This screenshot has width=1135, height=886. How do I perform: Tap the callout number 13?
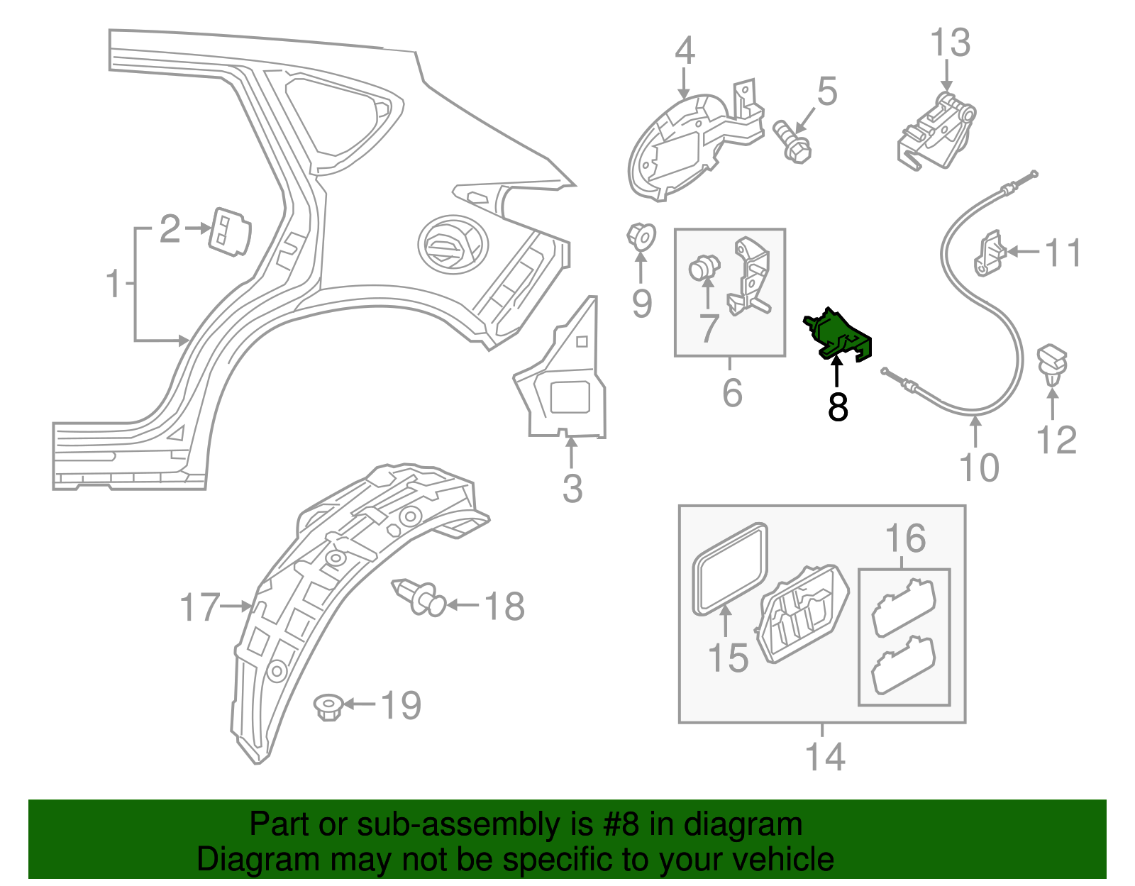tap(950, 43)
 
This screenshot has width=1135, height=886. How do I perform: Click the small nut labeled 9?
tap(641, 236)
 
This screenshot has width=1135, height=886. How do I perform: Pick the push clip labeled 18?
tap(419, 597)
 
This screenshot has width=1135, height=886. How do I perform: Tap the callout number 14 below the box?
tap(825, 757)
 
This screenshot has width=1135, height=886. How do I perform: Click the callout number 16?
tap(905, 539)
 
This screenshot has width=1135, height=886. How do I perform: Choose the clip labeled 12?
tap(1052, 362)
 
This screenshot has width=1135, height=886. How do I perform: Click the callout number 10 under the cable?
tap(978, 467)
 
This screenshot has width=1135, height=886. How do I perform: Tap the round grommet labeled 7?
tap(704, 268)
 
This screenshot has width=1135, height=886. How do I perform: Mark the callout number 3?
tap(572, 489)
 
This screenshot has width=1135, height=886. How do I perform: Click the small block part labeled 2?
tap(228, 231)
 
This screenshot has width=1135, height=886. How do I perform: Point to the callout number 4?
tap(685, 50)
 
